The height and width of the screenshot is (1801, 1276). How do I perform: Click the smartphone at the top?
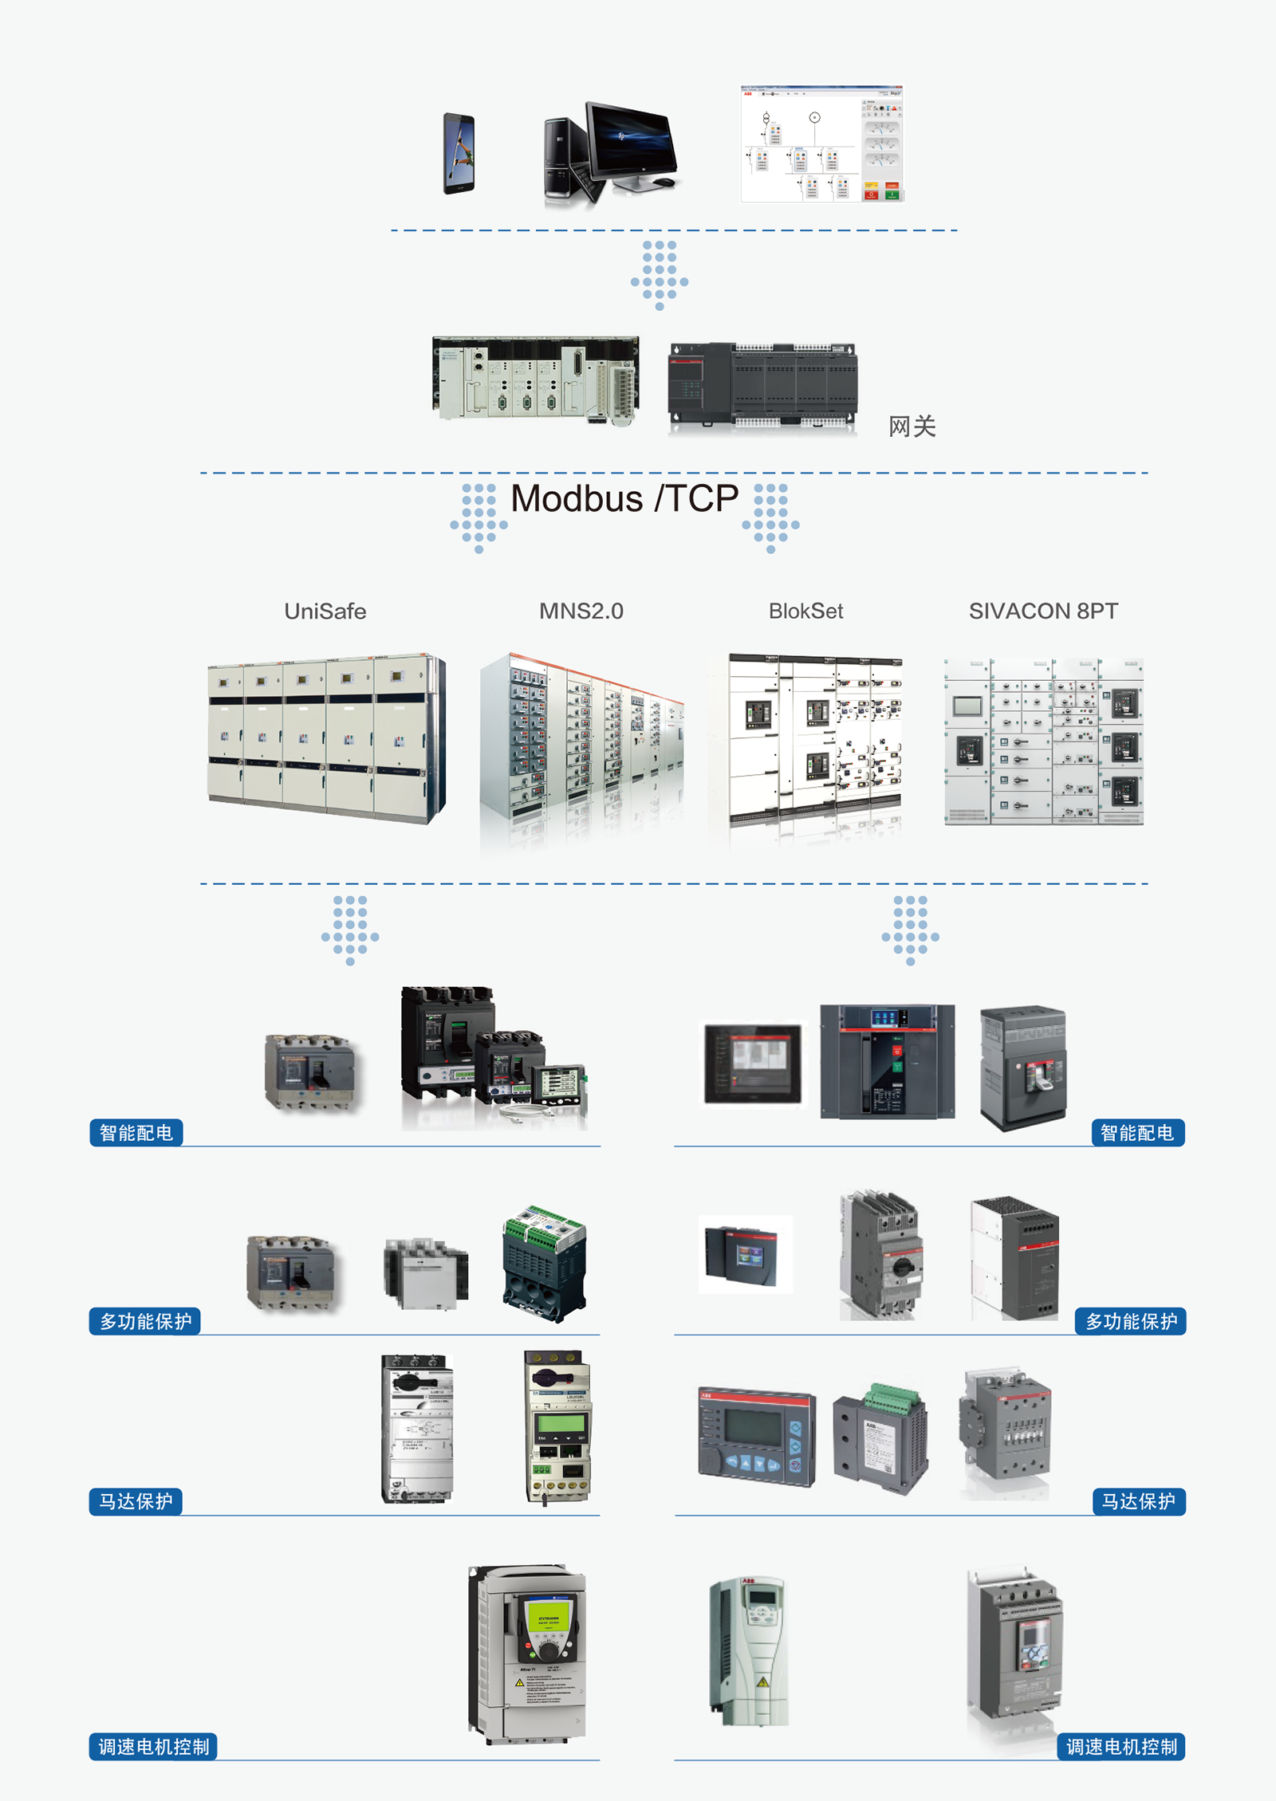tap(459, 153)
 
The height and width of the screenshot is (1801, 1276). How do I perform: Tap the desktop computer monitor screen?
tap(631, 140)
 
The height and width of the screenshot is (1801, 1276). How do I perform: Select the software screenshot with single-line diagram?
tap(821, 144)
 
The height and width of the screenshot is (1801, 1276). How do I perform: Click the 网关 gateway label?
tap(912, 427)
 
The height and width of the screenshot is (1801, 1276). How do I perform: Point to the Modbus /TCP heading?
tap(624, 499)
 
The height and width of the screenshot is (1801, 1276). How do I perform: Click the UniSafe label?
tap(325, 611)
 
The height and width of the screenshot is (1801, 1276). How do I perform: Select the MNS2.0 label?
tap(581, 611)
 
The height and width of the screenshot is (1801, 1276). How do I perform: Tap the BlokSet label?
tap(805, 611)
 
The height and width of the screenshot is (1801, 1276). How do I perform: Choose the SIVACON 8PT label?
tap(1043, 611)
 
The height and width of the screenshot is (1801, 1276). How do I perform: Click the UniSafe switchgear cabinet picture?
tap(325, 737)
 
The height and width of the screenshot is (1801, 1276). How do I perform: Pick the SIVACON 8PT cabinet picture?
tap(1043, 741)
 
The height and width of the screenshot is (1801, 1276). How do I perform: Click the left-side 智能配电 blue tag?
tap(136, 1133)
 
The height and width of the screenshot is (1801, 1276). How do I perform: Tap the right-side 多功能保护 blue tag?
tap(1131, 1321)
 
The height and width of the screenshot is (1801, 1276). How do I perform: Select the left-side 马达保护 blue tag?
tap(136, 1501)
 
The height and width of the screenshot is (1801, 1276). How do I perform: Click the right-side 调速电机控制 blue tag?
tap(1121, 1747)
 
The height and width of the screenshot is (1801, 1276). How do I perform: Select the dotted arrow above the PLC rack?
tap(660, 274)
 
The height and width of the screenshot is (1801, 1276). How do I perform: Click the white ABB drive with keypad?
tap(750, 1650)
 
